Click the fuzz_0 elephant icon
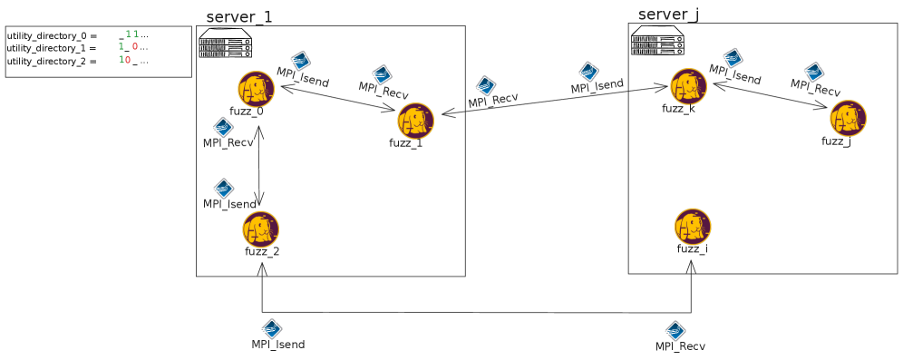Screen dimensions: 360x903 coord(256,89)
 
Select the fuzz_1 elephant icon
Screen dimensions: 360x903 coord(415,121)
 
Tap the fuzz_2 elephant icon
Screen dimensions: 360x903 coord(260,229)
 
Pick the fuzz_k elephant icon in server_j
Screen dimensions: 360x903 coord(688,86)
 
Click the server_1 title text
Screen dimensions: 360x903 coord(238,17)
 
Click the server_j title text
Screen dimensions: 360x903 coord(668,15)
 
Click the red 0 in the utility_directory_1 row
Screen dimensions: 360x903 coord(134,47)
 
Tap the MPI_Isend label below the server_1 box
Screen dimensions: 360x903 coord(277,345)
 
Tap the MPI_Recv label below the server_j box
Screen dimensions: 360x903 coord(680,346)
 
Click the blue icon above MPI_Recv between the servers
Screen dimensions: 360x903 coord(486,85)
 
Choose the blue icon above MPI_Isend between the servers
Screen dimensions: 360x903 coord(589,72)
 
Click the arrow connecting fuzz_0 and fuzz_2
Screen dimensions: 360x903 coord(260,165)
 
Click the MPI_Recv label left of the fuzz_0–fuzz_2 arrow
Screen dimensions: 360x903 coord(228,142)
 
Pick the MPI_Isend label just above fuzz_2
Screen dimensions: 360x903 coord(228,204)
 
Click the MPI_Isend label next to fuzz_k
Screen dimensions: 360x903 coord(734,76)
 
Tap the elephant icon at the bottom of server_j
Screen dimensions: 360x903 coord(693,226)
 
